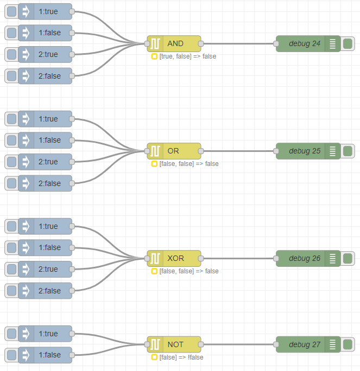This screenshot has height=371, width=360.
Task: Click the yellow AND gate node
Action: (x=174, y=44)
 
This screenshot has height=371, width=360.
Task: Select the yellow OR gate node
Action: (x=174, y=151)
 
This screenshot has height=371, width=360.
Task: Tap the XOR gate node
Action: (x=174, y=258)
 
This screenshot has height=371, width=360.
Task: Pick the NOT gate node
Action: (x=174, y=344)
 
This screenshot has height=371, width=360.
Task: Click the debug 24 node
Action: (x=308, y=44)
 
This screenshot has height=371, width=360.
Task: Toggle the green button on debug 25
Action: (x=348, y=151)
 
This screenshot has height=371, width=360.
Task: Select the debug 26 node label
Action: (x=305, y=258)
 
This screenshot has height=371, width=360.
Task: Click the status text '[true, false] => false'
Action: (x=188, y=56)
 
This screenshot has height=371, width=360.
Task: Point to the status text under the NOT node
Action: (x=181, y=357)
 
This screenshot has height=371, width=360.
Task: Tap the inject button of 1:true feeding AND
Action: (x=11, y=11)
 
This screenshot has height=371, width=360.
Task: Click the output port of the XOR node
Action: (x=201, y=258)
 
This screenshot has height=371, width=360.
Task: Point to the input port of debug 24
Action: (x=276, y=44)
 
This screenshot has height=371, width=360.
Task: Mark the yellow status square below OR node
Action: (x=154, y=164)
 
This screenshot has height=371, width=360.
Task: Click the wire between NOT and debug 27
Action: (x=238, y=344)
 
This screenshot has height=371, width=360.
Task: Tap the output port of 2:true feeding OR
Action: (x=72, y=162)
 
